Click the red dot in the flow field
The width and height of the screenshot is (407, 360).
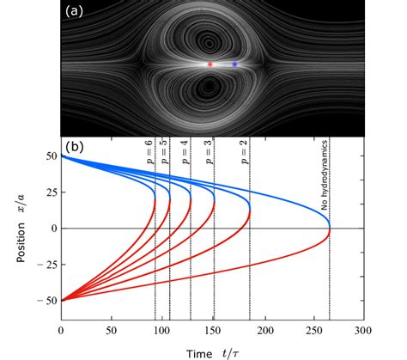[x=210, y=64]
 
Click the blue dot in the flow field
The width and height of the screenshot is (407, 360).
[x=234, y=64]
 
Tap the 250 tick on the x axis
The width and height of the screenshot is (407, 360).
[x=312, y=329]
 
